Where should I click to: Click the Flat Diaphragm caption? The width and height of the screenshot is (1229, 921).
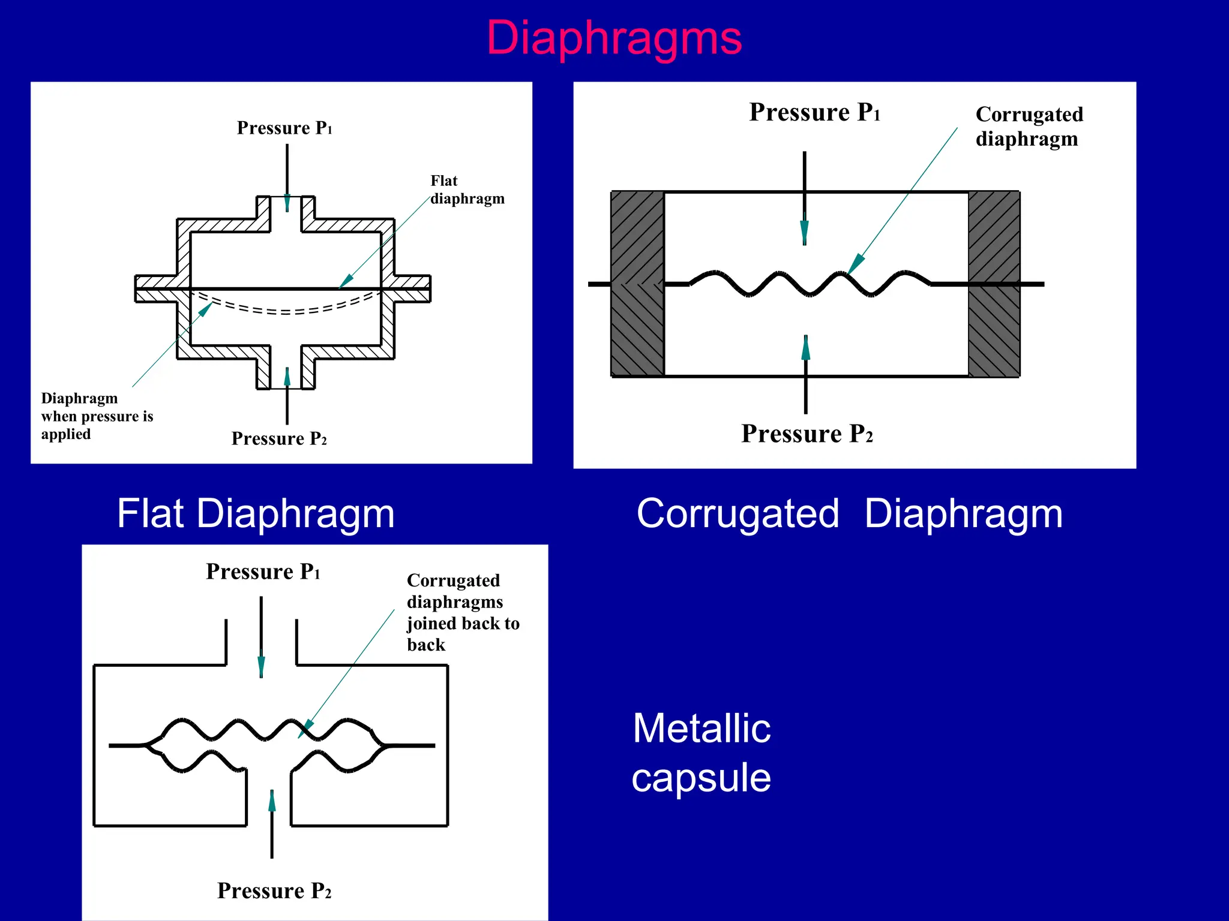tap(256, 514)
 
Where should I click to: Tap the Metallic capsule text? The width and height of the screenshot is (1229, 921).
tap(701, 753)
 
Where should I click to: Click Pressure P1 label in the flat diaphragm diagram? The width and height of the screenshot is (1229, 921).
tap(284, 128)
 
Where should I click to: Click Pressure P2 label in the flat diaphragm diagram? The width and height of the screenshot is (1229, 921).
tap(279, 438)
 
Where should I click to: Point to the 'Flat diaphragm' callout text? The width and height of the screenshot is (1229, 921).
tap(466, 189)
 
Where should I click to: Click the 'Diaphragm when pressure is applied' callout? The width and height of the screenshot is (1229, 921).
tap(96, 416)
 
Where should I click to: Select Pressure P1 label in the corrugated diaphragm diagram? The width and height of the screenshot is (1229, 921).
tap(814, 112)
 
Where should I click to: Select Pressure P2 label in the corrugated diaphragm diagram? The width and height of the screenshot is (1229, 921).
tap(807, 434)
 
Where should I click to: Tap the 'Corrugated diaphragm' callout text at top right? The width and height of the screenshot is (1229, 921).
tap(1029, 127)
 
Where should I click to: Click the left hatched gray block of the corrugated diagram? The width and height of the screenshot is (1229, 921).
tap(637, 284)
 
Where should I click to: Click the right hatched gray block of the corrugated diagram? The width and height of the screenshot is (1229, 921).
tap(994, 284)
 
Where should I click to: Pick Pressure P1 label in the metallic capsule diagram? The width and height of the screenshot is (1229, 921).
tap(262, 571)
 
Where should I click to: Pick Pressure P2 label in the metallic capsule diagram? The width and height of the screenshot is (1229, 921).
tap(274, 890)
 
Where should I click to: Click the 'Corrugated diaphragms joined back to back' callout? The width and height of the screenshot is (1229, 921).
tap(462, 612)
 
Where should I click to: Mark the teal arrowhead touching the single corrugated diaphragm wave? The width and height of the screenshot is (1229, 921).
tap(856, 263)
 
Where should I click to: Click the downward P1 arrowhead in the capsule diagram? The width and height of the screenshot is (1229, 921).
tap(261, 666)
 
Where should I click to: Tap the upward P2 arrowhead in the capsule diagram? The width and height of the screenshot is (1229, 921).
tap(272, 801)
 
